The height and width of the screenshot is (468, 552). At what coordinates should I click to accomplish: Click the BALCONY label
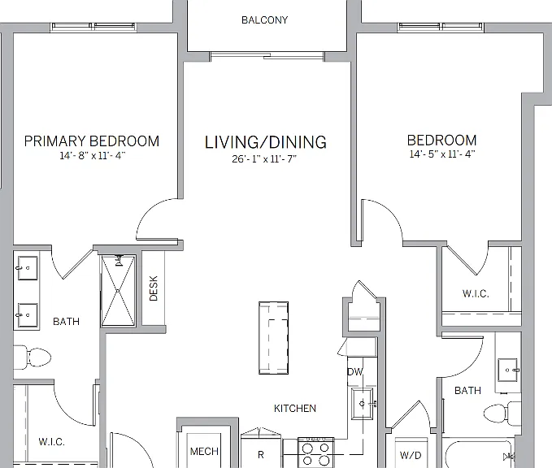coord(264,20)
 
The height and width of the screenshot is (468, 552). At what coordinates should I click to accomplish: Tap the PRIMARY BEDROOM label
coord(92,141)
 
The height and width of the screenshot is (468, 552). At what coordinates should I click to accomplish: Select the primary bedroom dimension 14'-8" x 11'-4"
coord(93,155)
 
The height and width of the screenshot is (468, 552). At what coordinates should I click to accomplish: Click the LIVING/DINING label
coord(266,142)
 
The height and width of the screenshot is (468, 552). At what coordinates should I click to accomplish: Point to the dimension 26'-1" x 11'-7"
coord(264,159)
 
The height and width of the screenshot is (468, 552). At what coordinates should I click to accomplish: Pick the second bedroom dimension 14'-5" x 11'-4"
coord(442,154)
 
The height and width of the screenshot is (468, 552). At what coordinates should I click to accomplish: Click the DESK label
coord(153,288)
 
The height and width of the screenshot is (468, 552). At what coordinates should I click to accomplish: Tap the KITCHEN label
coord(295,408)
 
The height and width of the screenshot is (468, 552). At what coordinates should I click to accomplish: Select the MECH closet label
coord(204,451)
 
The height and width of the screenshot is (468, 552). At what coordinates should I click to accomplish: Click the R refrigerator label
coord(261,455)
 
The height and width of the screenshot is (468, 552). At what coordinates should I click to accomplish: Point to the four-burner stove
coord(315,453)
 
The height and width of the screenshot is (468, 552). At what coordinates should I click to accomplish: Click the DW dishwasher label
coord(354,372)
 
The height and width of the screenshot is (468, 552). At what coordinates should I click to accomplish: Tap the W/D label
coord(411,455)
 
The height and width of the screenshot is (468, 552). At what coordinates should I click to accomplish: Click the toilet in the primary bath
coord(33,357)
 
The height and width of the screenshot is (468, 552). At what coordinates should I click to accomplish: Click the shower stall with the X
coord(118,291)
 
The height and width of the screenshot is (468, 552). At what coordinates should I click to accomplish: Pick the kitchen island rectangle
coord(273,338)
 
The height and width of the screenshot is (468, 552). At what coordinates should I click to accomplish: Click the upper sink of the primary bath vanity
coord(28,268)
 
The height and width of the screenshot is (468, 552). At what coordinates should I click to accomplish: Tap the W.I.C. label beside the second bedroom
coord(476,293)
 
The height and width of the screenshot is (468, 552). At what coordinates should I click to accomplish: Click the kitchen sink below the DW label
coord(363,404)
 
